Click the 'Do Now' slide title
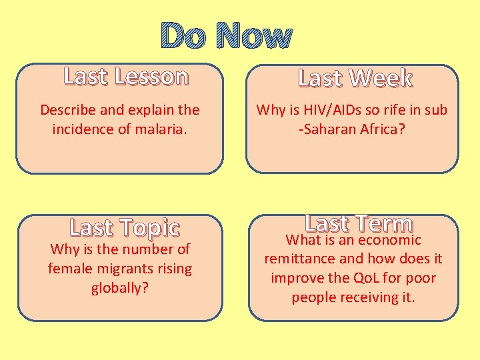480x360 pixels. pos(227,36)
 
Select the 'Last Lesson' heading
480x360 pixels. pos(126,77)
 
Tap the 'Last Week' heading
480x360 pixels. pos(355,78)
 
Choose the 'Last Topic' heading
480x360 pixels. pos(125,228)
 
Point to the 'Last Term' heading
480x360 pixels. pos(359,223)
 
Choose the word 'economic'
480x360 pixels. pos(389,239)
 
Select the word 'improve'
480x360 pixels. pos(295,277)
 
